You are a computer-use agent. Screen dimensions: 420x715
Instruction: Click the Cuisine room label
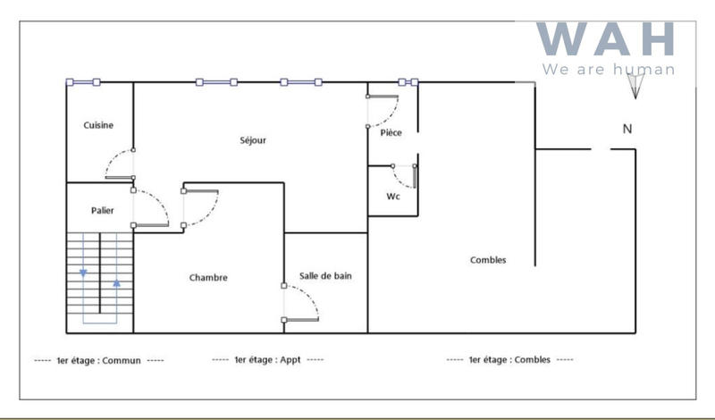point(98,125)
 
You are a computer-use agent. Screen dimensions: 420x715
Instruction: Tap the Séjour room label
point(253,140)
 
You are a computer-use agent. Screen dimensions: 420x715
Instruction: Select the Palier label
point(103,210)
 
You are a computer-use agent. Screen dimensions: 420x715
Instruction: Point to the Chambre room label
point(208,278)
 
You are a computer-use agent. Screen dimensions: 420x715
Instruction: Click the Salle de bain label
point(325,276)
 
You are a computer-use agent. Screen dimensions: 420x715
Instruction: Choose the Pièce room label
point(391,133)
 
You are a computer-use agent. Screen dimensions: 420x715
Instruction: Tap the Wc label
point(392,196)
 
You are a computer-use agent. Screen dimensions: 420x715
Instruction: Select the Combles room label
point(488,260)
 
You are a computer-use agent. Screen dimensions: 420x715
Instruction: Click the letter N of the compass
point(627,129)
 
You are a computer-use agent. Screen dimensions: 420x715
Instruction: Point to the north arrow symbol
point(635,85)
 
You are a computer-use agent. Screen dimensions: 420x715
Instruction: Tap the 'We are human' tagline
point(608,69)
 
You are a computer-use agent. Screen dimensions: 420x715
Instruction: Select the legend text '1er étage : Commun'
point(98,360)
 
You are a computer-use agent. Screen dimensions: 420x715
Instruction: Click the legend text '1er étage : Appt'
point(267,360)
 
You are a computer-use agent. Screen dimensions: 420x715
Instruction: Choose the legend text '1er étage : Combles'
point(510,360)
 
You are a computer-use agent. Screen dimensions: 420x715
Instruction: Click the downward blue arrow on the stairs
point(83,273)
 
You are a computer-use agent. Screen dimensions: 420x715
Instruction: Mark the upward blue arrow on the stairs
point(116,283)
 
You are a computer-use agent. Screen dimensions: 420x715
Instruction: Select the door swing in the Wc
point(404,176)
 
